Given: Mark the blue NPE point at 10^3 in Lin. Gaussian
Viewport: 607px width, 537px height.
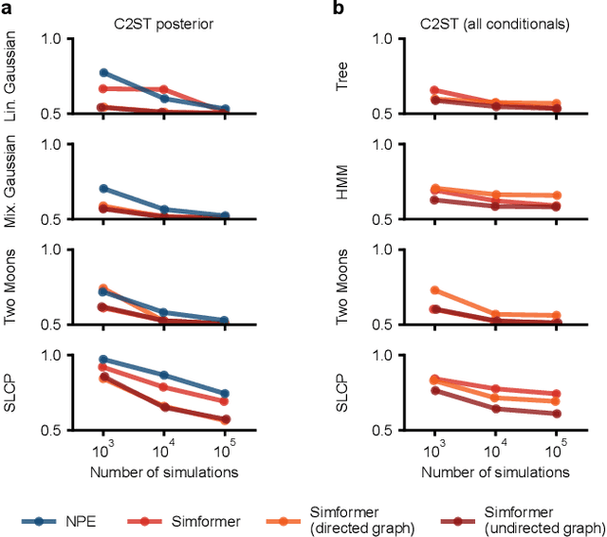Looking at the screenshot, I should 103,72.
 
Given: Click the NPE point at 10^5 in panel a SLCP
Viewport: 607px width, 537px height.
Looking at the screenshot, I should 224,394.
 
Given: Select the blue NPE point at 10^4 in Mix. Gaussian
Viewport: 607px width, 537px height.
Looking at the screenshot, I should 163,210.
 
